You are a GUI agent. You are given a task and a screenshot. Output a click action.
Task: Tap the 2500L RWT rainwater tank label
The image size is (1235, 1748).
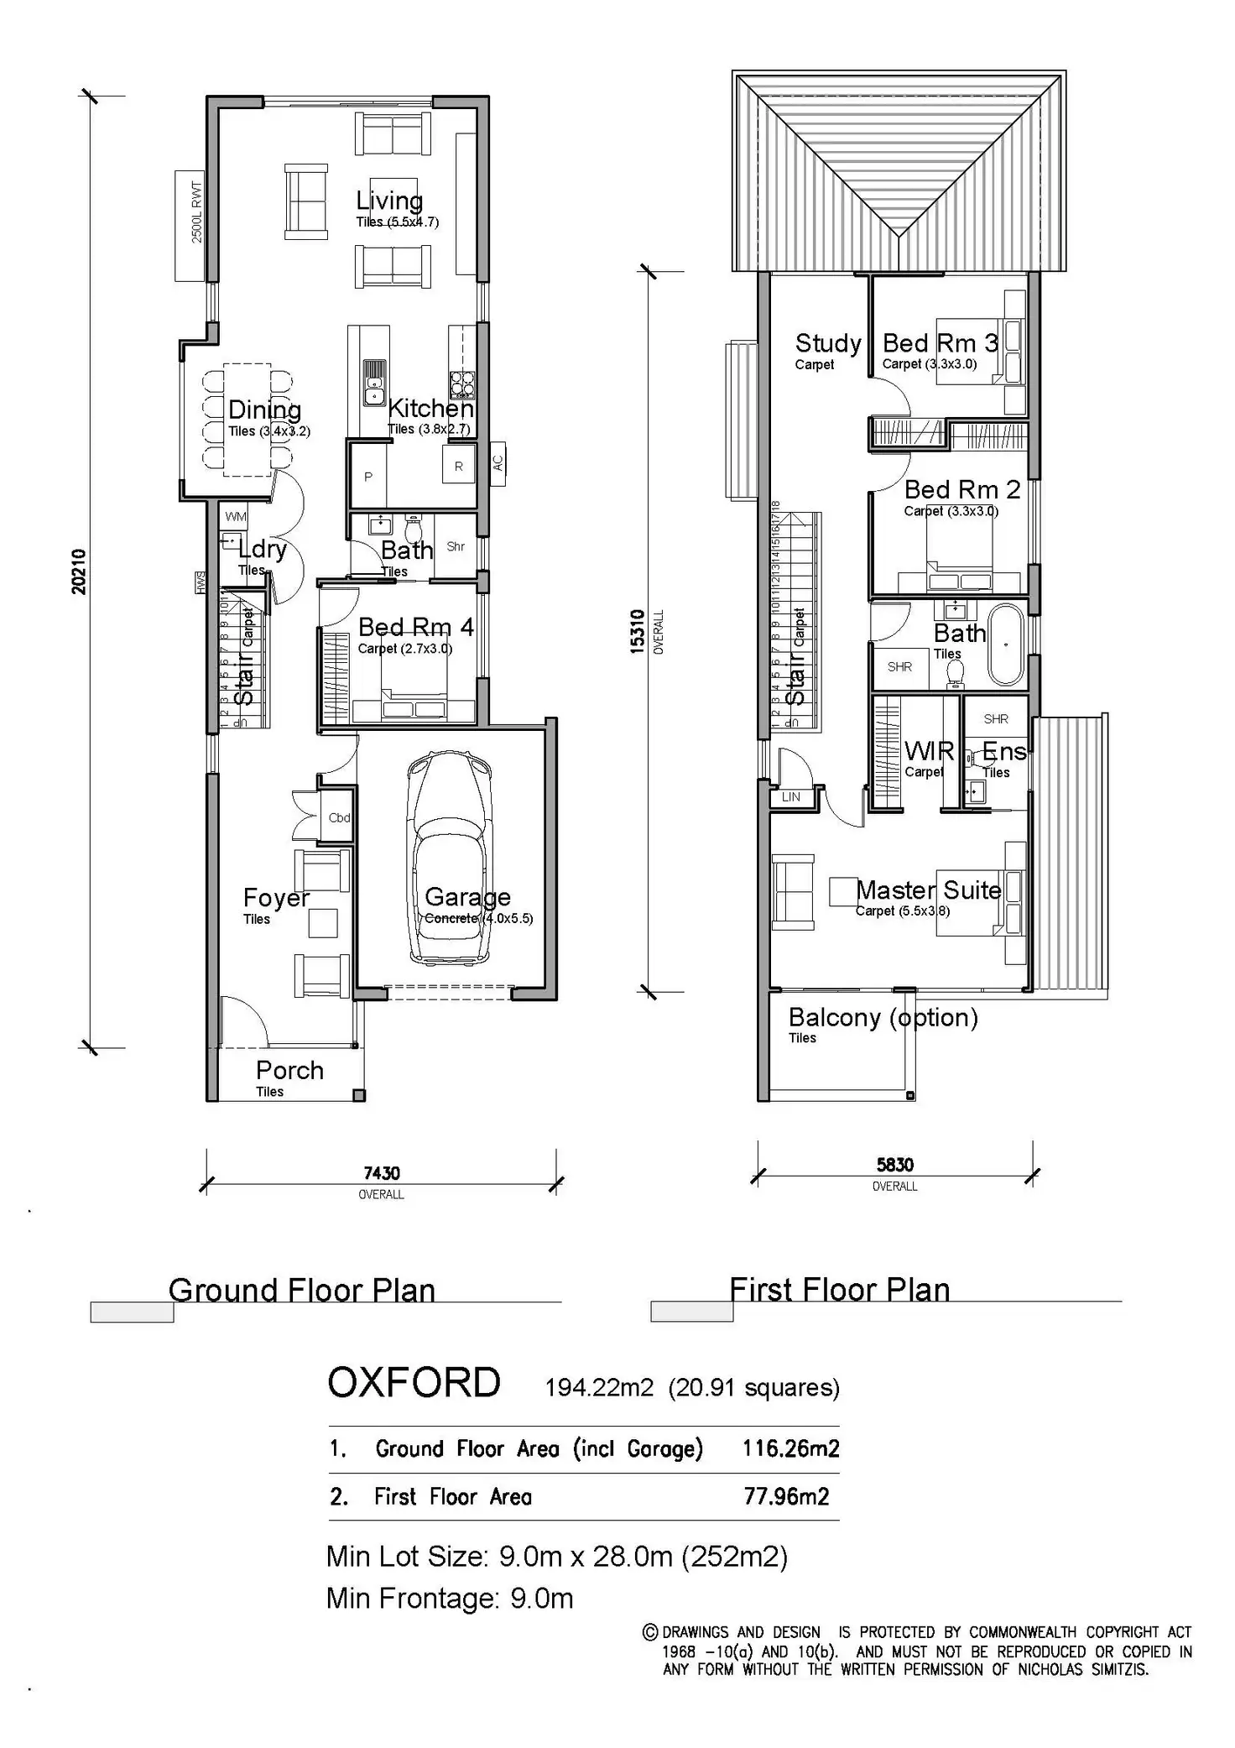[197, 213]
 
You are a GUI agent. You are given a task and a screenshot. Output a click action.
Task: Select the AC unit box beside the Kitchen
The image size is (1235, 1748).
[498, 463]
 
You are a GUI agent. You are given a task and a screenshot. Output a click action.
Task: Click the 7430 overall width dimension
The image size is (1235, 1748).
[382, 1173]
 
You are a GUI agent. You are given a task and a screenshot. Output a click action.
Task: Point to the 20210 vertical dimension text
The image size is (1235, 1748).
[79, 571]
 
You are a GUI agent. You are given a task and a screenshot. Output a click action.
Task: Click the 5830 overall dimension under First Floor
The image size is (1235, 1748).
[895, 1165]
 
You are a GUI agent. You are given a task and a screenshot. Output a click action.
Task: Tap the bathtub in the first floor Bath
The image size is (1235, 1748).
[1007, 645]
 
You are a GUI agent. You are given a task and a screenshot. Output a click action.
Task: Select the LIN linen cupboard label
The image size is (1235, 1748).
[791, 797]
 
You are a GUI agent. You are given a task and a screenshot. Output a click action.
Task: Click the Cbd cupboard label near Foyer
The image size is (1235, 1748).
[339, 817]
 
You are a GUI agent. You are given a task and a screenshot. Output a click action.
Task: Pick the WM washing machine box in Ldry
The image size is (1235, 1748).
[236, 516]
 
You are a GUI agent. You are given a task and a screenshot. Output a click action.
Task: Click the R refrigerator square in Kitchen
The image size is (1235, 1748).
[458, 467]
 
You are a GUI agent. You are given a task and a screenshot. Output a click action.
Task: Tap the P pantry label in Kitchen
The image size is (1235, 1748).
[367, 477]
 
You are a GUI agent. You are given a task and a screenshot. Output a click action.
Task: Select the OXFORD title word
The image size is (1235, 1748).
[414, 1383]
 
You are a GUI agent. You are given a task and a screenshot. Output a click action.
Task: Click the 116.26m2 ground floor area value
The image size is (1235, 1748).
[790, 1448]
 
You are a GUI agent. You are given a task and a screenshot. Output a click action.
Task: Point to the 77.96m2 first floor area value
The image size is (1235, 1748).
[786, 1496]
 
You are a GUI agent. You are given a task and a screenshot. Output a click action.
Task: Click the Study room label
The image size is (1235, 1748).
[827, 343]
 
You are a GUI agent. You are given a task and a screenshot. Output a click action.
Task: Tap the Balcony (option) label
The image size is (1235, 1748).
[883, 1017]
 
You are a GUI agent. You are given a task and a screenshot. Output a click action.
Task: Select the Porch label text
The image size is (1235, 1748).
[289, 1070]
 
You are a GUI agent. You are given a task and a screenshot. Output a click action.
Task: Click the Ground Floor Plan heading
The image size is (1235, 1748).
[302, 1290]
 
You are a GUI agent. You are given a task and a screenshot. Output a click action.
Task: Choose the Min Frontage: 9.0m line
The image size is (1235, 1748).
[450, 1599]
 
